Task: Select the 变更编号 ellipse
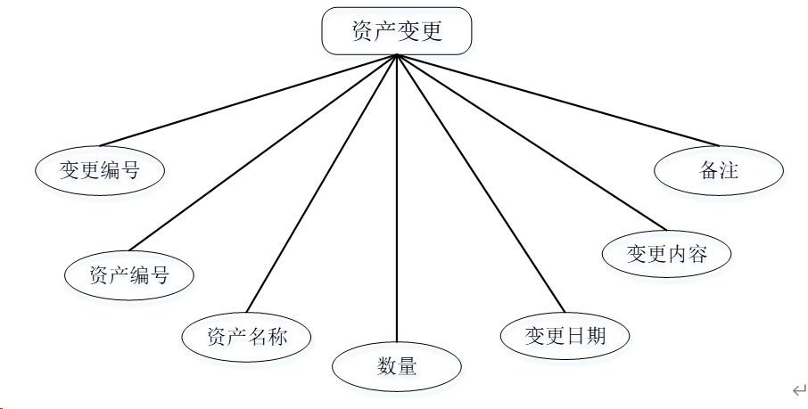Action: [x=100, y=169]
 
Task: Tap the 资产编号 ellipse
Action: [x=129, y=274]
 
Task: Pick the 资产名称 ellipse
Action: [x=247, y=337]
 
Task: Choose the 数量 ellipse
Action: [x=396, y=365]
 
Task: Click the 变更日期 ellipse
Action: [x=565, y=336]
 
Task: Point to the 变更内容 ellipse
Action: [x=667, y=254]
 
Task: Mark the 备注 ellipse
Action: [x=719, y=169]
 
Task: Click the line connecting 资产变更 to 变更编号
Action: [x=248, y=100]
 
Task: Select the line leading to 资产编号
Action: [x=263, y=151]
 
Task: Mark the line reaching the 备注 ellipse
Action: [x=557, y=99]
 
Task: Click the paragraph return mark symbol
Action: [x=799, y=389]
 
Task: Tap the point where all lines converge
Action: [x=396, y=56]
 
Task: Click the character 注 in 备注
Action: [x=729, y=169]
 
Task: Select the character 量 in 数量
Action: [x=407, y=365]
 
